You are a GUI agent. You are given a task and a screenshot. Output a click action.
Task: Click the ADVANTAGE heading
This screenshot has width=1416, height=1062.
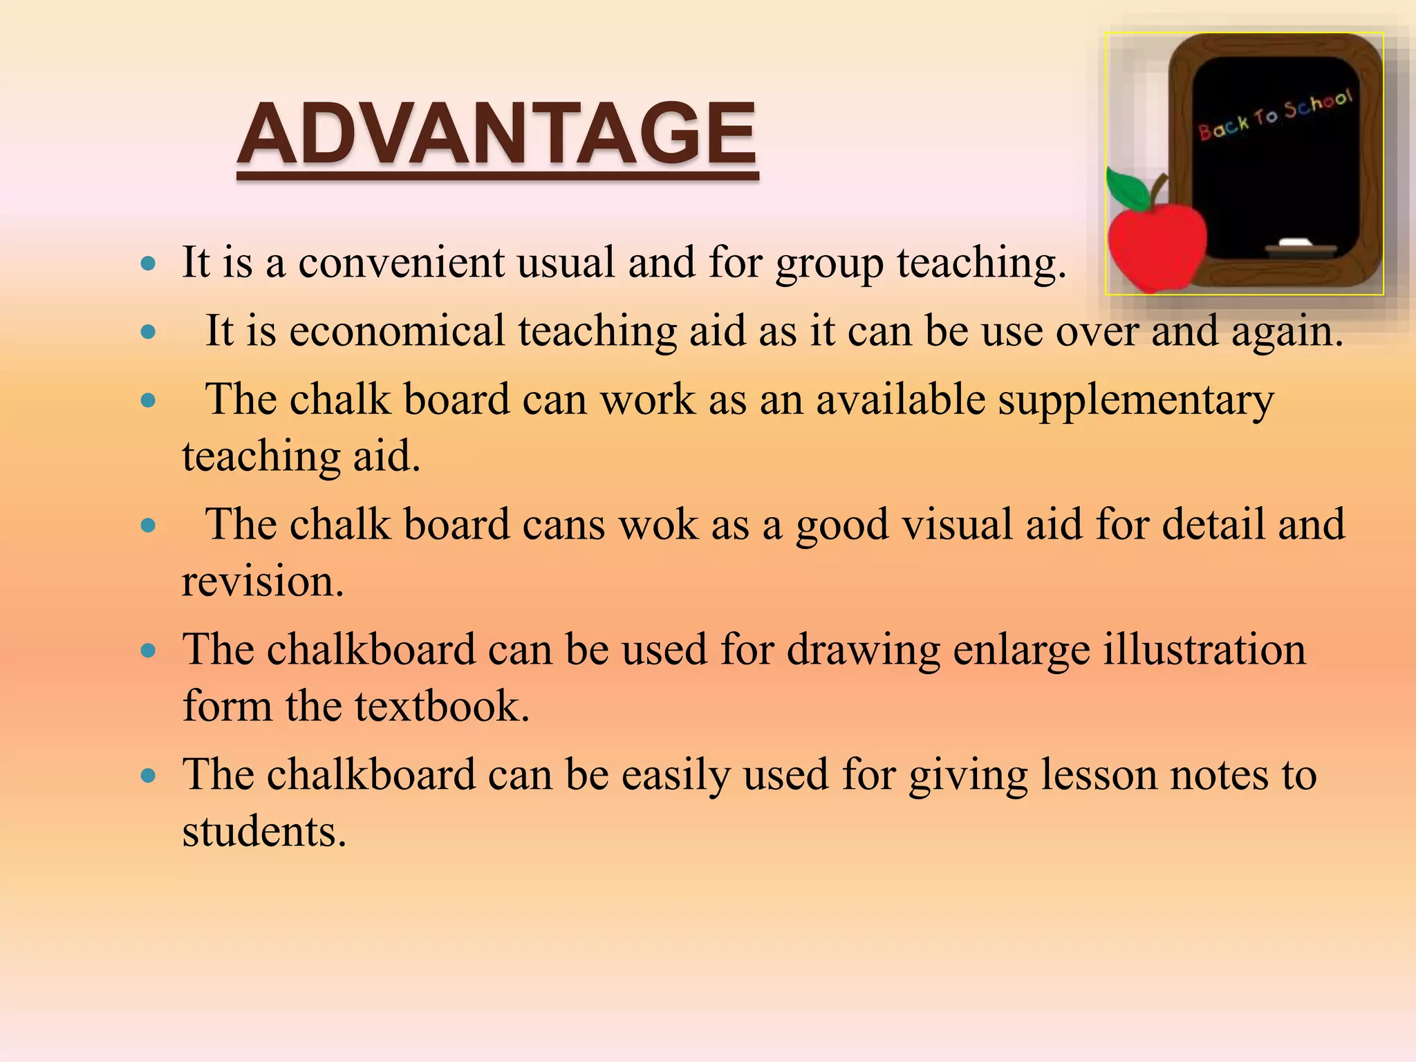click(x=496, y=134)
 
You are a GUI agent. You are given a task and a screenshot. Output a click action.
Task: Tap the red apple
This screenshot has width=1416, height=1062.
click(x=1156, y=245)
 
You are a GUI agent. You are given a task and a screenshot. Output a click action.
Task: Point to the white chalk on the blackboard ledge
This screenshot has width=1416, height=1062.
click(x=1294, y=242)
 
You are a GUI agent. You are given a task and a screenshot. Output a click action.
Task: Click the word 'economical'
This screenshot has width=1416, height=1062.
click(x=397, y=330)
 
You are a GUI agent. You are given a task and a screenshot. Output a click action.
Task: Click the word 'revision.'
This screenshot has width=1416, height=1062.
click(x=263, y=581)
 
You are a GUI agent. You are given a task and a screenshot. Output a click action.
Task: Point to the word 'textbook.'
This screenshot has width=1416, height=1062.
click(x=442, y=706)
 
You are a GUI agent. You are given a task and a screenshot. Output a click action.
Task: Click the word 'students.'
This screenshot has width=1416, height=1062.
click(x=264, y=831)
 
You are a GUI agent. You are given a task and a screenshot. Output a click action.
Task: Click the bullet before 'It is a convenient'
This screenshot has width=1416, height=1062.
click(x=148, y=263)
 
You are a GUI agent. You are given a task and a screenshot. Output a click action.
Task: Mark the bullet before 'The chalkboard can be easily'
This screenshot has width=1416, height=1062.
click(x=148, y=776)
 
